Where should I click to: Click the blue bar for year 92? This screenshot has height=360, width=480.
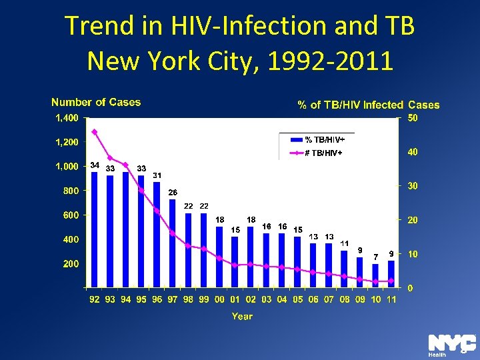95,230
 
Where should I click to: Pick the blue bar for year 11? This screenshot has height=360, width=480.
391,274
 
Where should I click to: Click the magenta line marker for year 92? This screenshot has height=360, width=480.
95,131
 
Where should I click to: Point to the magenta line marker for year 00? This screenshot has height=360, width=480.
219,258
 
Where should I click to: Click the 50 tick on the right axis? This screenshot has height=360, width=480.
413,118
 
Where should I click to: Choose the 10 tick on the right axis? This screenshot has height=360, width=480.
413,254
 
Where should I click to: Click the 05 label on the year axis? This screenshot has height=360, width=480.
297,300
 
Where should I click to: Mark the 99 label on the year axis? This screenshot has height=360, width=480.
204,300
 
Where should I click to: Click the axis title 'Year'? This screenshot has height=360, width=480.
242,317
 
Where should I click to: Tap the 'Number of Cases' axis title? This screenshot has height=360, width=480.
96,102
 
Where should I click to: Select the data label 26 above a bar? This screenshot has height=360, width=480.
173,192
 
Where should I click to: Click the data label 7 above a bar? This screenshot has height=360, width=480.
376,256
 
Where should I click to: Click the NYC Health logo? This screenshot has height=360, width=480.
451,344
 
